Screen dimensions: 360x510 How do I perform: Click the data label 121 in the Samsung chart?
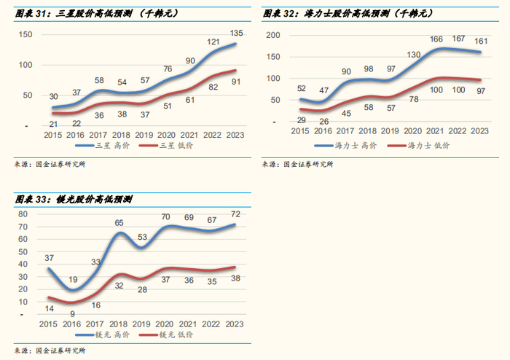(x=213, y=42)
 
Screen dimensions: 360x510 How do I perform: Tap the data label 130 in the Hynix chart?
(x=412, y=55)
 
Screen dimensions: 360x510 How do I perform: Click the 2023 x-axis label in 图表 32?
(x=479, y=131)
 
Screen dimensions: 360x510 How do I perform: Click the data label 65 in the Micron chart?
(x=119, y=223)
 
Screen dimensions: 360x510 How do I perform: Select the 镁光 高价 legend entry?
(x=111, y=335)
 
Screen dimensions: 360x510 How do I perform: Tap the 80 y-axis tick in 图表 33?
(x=23, y=214)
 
